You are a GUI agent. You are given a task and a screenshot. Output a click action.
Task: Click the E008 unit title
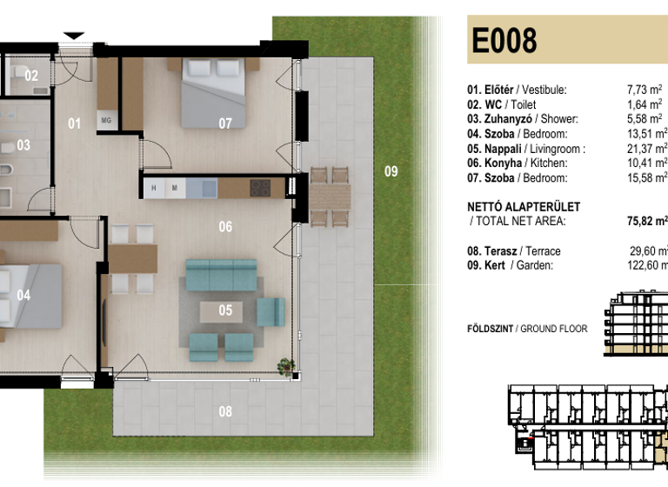[x=504, y=41]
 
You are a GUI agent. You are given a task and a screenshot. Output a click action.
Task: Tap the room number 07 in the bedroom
[x=225, y=123]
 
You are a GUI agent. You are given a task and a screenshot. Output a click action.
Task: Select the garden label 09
[x=391, y=171]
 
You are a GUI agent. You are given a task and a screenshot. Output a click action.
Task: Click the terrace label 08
[x=225, y=411]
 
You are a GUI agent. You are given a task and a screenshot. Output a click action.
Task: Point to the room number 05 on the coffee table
[x=225, y=310]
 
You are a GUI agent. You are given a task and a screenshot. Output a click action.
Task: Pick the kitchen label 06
[x=225, y=227]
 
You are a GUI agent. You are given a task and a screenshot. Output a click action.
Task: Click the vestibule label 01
[x=75, y=123]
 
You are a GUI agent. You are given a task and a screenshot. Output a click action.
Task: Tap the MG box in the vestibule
[x=107, y=120]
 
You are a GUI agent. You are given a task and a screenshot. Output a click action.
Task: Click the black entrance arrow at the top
[x=75, y=36]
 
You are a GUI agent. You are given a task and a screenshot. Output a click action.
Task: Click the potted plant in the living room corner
[x=284, y=366]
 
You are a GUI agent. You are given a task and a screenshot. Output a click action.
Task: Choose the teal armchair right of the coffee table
[x=271, y=310]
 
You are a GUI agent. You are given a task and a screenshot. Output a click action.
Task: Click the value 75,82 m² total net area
[x=646, y=221]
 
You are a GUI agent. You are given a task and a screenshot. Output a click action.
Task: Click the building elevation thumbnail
[x=636, y=327]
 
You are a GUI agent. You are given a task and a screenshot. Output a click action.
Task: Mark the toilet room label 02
[x=31, y=76]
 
